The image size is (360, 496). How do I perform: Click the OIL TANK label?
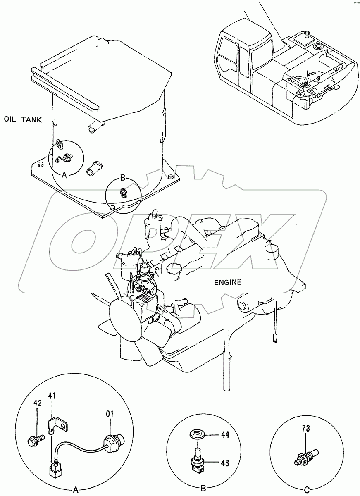23,120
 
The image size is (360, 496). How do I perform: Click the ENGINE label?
227,283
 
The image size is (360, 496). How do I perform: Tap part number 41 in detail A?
52,396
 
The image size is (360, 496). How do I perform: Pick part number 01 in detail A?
110,413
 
